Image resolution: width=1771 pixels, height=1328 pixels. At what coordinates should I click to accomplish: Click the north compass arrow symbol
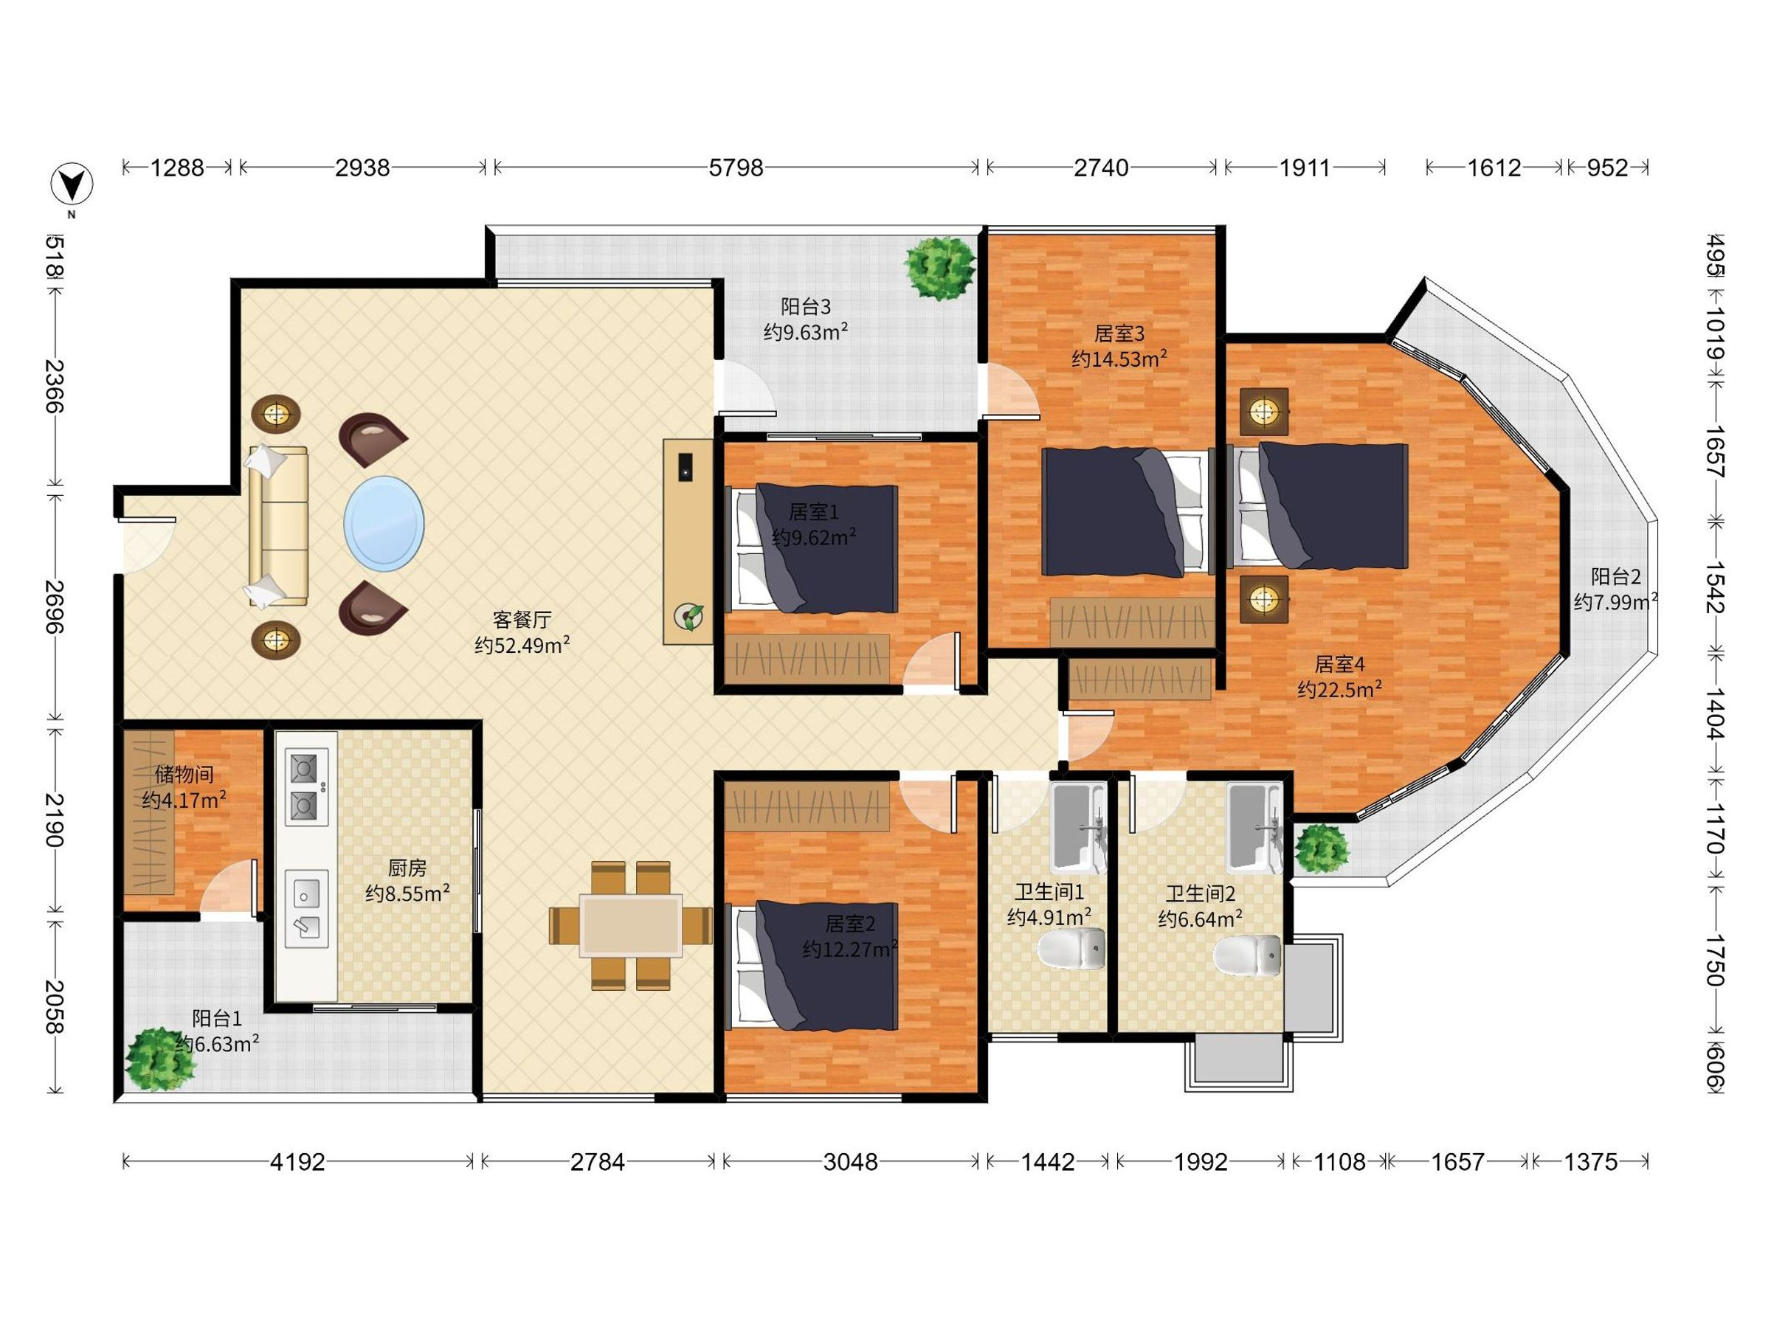72,185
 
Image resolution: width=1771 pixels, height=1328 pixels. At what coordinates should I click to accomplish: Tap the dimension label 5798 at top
736,168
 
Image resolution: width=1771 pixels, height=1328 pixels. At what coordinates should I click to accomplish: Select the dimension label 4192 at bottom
298,1161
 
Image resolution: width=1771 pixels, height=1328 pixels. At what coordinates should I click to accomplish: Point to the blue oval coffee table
384,524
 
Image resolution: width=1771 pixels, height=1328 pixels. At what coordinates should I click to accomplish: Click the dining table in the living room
631,925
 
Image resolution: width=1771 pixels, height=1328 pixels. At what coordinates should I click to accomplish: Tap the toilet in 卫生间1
1071,950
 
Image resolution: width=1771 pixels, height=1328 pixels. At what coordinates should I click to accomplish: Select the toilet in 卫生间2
1246,955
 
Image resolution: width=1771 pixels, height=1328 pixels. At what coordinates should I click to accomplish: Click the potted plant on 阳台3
940,268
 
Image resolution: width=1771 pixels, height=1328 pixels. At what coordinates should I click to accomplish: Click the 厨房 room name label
407,868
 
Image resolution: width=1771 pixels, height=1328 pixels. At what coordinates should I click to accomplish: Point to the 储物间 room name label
184,774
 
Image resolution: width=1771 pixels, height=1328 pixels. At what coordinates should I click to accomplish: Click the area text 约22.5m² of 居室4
1339,688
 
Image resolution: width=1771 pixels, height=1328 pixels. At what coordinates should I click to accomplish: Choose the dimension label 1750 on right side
1714,960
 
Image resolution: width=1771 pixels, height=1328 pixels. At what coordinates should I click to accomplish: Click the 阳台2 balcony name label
1615,576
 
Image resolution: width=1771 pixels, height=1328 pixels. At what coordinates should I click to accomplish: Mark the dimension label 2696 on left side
54,606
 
